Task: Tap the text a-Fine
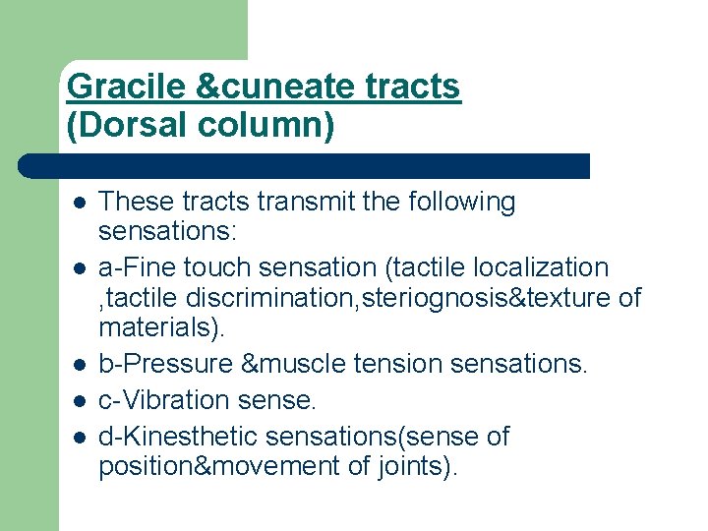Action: coord(137,267)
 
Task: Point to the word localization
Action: coord(544,267)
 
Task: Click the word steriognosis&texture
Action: coord(492,296)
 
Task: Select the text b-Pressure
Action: coord(165,364)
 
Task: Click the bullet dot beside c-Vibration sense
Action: coord(79,401)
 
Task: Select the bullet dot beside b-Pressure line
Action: coord(79,365)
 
